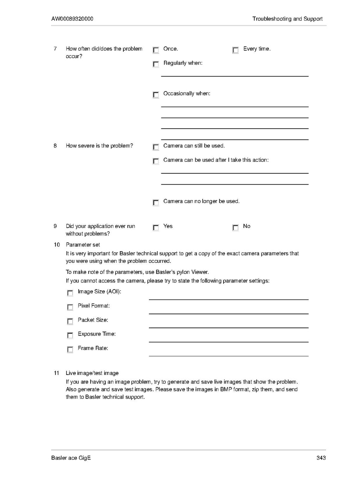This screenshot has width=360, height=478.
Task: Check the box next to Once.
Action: pyautogui.click(x=156, y=50)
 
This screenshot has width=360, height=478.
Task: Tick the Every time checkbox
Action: pyautogui.click(x=235, y=50)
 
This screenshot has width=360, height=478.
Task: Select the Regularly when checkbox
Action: pyautogui.click(x=156, y=64)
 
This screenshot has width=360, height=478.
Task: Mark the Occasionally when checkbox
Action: pyautogui.click(x=156, y=95)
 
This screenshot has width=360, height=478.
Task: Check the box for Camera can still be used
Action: pyautogui.click(x=156, y=147)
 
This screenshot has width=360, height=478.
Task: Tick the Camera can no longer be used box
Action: pyautogui.click(x=156, y=202)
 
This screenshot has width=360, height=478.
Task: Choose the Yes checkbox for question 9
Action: pyautogui.click(x=156, y=228)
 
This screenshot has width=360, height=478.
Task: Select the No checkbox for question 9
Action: pyautogui.click(x=235, y=228)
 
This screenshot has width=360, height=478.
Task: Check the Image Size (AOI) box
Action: pyautogui.click(x=70, y=293)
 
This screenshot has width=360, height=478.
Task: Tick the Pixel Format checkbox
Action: pyautogui.click(x=70, y=307)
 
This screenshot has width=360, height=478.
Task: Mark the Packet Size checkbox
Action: pyautogui.click(x=70, y=321)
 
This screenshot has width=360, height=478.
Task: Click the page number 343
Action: pyautogui.click(x=321, y=458)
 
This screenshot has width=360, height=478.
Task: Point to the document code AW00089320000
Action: pyautogui.click(x=72, y=19)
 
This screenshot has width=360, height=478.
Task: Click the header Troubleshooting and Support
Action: pyautogui.click(x=287, y=19)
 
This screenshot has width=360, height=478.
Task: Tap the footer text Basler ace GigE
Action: pyautogui.click(x=71, y=458)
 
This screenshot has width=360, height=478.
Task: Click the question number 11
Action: pyautogui.click(x=56, y=373)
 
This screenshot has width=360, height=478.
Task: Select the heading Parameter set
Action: pyautogui.click(x=83, y=244)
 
